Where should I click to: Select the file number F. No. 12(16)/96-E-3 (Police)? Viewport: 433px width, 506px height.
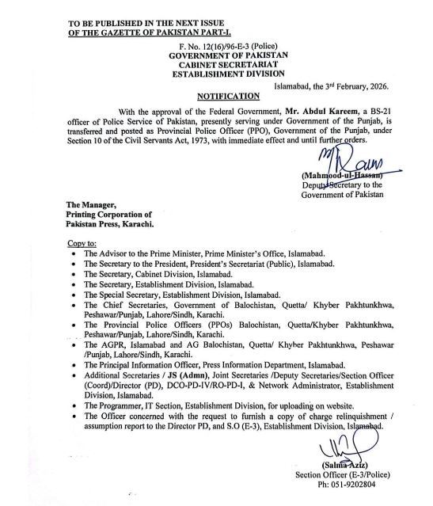point(227,48)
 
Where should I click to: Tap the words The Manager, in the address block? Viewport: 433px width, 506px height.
point(91,204)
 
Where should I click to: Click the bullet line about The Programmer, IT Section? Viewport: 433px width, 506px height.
point(202,404)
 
